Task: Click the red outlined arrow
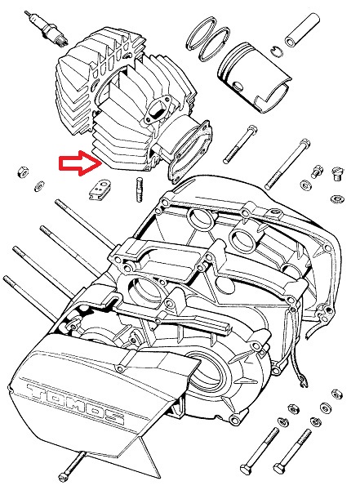(x=81, y=163)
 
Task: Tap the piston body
(x=254, y=76)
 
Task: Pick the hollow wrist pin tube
(x=302, y=30)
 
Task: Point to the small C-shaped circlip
(x=276, y=51)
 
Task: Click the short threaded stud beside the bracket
(x=140, y=189)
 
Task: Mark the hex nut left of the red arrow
(x=23, y=171)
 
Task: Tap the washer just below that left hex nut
(x=39, y=186)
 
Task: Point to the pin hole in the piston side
(x=238, y=86)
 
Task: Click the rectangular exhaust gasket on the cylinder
(x=189, y=151)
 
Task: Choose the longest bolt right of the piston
(x=287, y=165)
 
